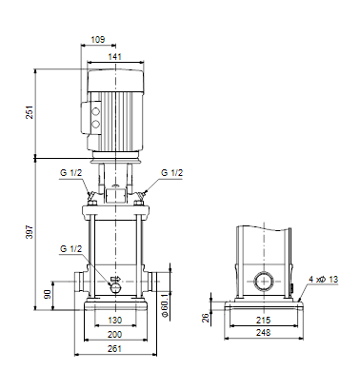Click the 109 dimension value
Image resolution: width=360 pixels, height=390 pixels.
coord(98,40)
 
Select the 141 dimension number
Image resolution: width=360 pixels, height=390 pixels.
coord(115,57)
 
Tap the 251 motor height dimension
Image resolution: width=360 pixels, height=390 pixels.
coord(30,112)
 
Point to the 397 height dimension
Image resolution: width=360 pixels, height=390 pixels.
coord(30,232)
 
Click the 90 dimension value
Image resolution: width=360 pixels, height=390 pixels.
coord(48,294)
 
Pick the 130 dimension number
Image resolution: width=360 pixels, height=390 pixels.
coord(114,321)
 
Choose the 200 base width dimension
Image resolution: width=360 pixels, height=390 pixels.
coord(114,335)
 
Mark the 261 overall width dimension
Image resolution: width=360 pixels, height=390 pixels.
coord(114,349)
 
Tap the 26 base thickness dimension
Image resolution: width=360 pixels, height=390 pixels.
coord(207,318)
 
